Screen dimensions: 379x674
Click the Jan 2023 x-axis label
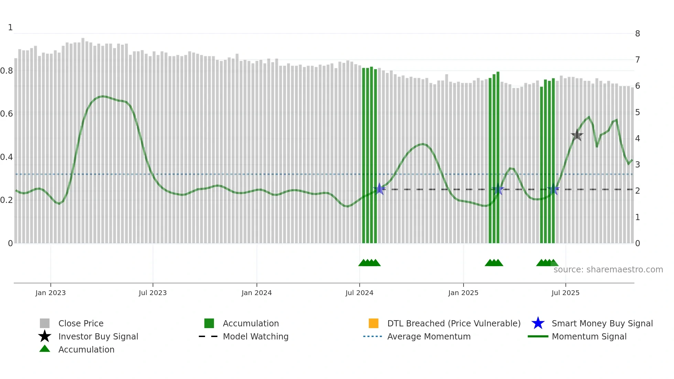click(51, 293)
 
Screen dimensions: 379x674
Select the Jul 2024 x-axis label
click(359, 293)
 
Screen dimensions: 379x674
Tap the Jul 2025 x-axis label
click(565, 293)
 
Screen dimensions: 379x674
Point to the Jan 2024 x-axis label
click(257, 293)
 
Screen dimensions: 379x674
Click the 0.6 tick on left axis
click(7, 114)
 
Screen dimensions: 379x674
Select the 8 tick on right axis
click(638, 34)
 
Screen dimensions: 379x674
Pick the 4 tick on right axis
click(638, 139)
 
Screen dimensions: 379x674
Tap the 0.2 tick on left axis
click(7, 200)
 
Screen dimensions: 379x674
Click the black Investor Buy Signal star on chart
click(577, 135)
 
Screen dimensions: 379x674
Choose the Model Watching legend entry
click(255, 336)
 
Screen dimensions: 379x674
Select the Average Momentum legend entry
click(428, 336)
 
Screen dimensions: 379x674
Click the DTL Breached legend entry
click(454, 323)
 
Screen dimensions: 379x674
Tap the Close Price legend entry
click(80, 323)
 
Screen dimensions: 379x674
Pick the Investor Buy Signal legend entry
click(98, 336)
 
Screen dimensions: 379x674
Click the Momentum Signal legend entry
click(589, 336)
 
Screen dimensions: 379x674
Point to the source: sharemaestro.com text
click(608, 270)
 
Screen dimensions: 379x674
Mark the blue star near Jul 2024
click(379, 189)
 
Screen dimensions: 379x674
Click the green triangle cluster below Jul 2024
click(369, 263)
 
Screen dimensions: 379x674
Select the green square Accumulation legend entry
click(250, 323)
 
